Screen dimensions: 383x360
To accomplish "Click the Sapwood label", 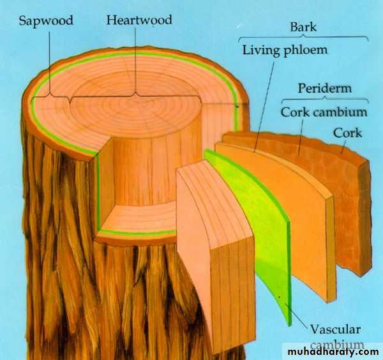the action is (x=46, y=20).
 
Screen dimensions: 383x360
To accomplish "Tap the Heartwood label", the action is (x=139, y=20).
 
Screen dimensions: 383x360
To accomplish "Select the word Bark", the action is (x=303, y=27).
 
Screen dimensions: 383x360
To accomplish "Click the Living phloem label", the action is (x=285, y=50).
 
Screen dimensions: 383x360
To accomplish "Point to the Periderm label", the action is (x=325, y=88).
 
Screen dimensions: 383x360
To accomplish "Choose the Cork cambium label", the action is (x=324, y=112).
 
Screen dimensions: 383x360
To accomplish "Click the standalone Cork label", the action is (x=347, y=133).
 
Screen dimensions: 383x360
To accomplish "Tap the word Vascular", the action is (x=335, y=329).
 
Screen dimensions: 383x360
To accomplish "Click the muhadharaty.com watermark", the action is (x=333, y=352).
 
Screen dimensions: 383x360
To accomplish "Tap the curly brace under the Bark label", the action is (x=303, y=38).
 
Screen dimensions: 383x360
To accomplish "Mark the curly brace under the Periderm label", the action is (x=325, y=99).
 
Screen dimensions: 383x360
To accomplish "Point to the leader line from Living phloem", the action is (x=264, y=106).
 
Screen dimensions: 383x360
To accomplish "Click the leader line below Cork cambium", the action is (x=301, y=137).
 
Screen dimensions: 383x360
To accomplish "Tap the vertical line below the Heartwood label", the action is (x=135, y=60).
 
